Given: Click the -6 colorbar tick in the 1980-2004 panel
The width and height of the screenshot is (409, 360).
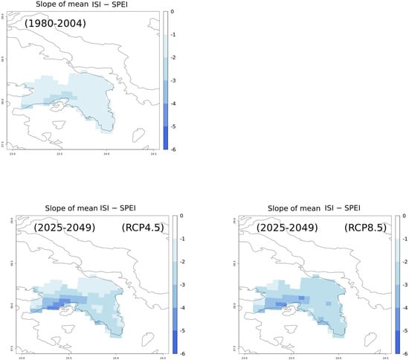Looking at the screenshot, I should pos(173,149).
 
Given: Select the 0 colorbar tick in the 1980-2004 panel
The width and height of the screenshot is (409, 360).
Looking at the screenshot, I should pos(173,12).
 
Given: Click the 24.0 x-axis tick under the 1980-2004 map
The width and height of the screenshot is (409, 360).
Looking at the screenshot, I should pos(107,155).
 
